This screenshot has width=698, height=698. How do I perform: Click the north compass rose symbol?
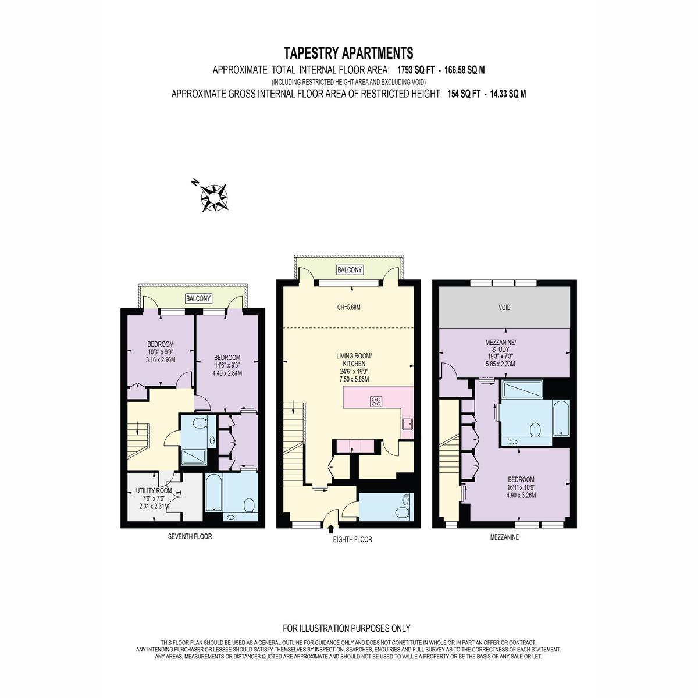214,197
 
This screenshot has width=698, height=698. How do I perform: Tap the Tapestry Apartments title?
348,54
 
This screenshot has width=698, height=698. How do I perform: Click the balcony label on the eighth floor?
350,270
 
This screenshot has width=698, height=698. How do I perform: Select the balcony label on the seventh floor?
198,298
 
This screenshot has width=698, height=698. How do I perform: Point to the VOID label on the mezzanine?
504,308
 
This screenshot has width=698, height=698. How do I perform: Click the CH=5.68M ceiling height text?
348,308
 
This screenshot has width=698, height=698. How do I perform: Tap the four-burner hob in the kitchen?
376,401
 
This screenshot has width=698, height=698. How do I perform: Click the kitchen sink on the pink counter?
408,423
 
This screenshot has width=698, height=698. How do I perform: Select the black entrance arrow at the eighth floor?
330,529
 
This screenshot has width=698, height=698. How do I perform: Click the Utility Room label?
154,491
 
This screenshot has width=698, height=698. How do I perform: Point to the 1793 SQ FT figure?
415,70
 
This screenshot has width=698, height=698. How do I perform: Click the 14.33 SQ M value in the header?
508,94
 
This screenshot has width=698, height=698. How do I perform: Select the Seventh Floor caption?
190,536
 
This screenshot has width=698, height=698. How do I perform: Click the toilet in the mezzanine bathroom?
535,430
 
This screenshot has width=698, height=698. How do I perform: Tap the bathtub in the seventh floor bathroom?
213,493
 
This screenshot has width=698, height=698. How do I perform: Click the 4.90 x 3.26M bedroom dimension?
521,495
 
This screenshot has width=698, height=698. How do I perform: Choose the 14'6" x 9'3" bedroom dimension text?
227,366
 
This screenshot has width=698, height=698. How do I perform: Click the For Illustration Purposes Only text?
346,628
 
